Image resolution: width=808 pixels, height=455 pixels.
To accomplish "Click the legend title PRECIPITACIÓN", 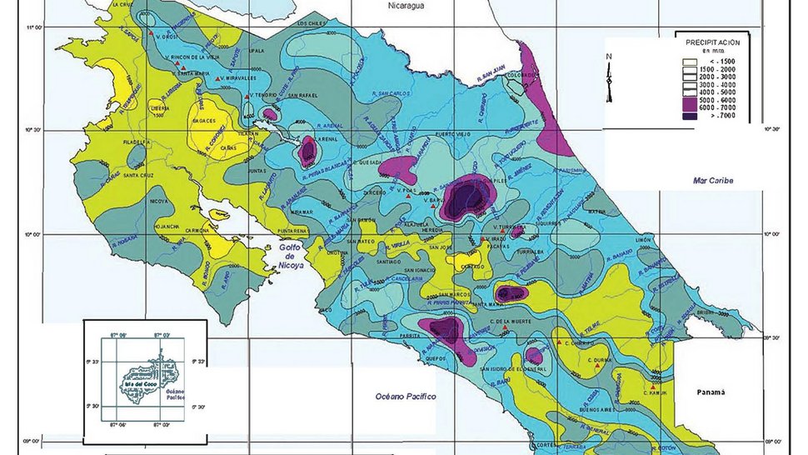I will click(713, 39).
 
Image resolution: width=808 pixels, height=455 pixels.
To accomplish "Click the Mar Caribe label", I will click(711, 180).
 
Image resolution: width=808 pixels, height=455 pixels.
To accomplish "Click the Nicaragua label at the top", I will click(406, 6).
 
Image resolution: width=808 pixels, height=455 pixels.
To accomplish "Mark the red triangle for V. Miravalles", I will click(218, 78).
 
